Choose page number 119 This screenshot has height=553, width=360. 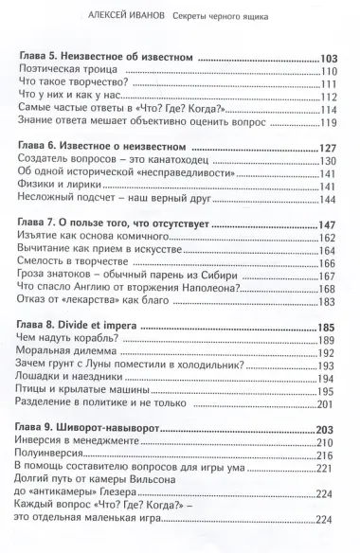(x=331, y=122)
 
